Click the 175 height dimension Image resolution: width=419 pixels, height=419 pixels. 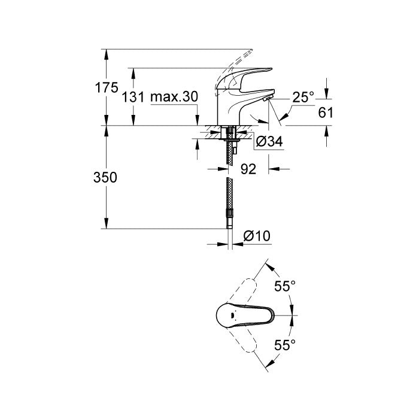click(x=107, y=87)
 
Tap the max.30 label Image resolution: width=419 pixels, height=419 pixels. click(x=174, y=96)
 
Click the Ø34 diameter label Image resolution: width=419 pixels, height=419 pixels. click(x=269, y=141)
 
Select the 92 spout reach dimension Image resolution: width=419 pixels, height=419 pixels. click(x=248, y=169)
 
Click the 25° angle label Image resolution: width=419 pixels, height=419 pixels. click(x=303, y=96)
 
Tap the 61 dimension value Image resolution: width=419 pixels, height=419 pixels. click(x=326, y=112)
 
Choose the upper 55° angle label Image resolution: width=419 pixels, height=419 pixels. click(x=286, y=286)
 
